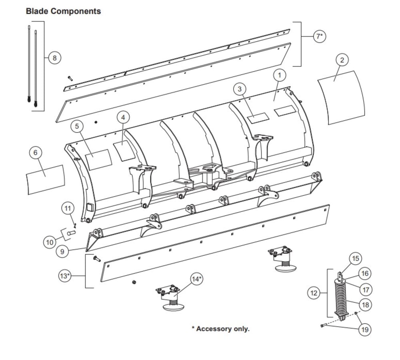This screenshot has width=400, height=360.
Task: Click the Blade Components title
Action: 63,11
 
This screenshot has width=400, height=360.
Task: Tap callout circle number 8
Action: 54,58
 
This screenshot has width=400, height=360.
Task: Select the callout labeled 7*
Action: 320,36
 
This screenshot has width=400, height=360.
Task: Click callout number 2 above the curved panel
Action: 342,60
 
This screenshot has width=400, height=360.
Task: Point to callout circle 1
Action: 280,75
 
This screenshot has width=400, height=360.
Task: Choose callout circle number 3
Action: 240,89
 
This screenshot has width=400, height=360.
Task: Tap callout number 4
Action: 123,117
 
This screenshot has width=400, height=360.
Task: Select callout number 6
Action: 36,153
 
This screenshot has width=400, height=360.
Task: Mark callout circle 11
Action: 68,208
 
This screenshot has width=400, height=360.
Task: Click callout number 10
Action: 50,242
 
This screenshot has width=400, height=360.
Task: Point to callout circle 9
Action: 62,252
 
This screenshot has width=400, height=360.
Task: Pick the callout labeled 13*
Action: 65,276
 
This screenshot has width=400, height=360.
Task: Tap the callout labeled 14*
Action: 197,279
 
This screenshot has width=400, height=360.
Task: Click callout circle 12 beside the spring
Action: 314,293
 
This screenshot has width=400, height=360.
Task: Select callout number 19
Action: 365,330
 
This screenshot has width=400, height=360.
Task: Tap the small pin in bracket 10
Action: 71,233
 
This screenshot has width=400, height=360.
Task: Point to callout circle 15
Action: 355,259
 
